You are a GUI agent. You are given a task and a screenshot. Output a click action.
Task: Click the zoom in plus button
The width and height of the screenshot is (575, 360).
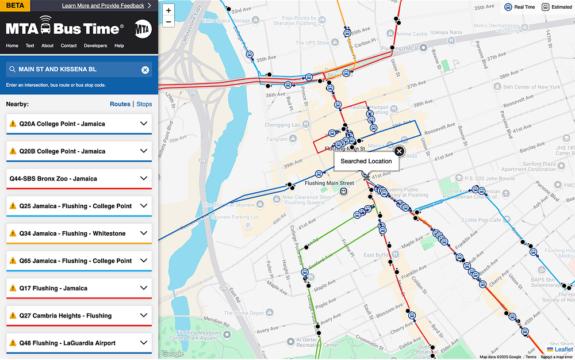click(168, 10)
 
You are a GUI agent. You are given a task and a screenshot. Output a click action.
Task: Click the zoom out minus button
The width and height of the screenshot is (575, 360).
click(168, 22)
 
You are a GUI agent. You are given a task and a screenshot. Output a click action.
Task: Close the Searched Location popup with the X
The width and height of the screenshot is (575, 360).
click(399, 151)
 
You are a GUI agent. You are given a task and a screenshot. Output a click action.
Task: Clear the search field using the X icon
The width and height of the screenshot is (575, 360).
click(145, 70)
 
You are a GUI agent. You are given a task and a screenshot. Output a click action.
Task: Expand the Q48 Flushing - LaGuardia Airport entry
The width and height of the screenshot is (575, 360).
click(144, 343)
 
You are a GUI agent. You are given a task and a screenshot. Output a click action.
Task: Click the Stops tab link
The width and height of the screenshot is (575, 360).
click(144, 104)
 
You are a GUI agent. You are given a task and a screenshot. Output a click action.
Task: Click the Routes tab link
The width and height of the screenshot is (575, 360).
click(120, 104)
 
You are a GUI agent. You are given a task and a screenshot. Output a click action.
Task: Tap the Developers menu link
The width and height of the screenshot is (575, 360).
click(95, 45)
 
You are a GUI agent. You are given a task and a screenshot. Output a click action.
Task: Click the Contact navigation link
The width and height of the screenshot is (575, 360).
click(68, 45)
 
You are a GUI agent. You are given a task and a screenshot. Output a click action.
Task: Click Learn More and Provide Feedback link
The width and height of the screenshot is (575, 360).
click(103, 6)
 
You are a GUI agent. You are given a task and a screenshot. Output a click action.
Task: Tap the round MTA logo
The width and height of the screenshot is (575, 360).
click(143, 28)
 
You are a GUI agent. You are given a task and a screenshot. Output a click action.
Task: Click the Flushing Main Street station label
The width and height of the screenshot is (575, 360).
click(329, 183)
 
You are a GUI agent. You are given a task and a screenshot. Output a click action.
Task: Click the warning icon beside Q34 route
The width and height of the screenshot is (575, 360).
click(13, 233)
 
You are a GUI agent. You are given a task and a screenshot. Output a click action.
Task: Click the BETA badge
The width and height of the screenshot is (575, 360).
click(14, 5)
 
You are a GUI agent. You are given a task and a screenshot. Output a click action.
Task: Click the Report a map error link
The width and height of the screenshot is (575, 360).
click(557, 357)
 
